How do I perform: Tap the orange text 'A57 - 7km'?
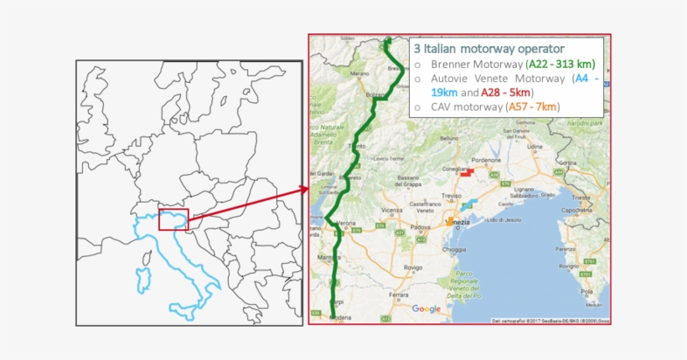[x=532, y=106]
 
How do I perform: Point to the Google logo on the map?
[x=426, y=309]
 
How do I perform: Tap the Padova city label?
[x=421, y=227]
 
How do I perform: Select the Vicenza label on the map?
[x=391, y=210]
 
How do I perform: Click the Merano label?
[x=359, y=74]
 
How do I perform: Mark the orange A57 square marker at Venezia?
[x=450, y=221]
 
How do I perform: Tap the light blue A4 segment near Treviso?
[x=462, y=202]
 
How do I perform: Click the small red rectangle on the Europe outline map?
[x=173, y=219]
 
